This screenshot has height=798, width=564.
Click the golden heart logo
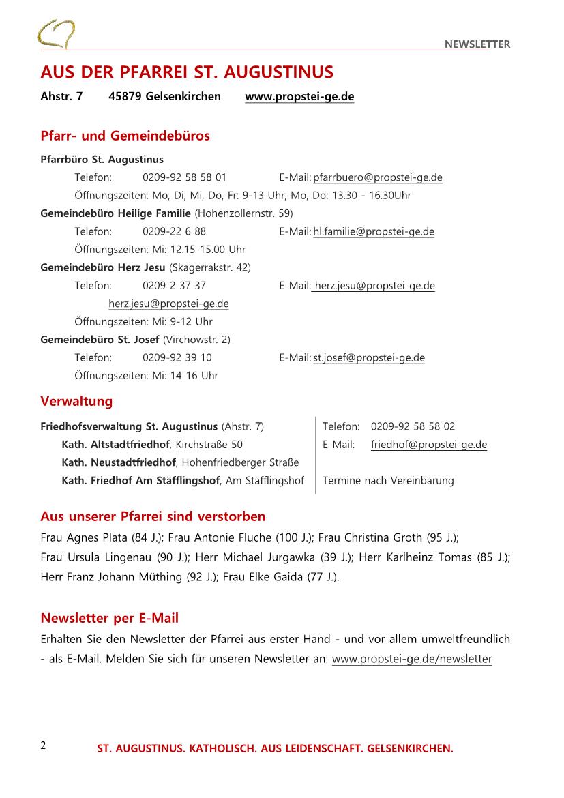click(x=56, y=34)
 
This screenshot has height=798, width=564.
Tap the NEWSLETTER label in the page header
click(x=477, y=44)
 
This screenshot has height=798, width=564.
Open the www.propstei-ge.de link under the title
click(x=299, y=96)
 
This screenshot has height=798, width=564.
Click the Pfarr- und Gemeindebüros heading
click(x=125, y=136)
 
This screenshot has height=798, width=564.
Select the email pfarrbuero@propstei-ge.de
click(x=378, y=178)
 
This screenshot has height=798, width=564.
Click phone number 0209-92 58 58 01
click(x=184, y=178)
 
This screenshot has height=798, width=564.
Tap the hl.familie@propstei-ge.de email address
click(x=374, y=232)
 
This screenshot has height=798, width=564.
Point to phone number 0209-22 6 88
click(x=174, y=232)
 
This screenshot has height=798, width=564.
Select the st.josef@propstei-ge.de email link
click(x=369, y=358)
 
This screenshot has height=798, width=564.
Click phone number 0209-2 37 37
click(x=174, y=286)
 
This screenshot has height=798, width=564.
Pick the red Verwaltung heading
click(x=76, y=401)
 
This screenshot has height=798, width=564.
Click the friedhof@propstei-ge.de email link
click(x=429, y=445)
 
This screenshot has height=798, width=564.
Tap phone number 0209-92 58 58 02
click(x=413, y=427)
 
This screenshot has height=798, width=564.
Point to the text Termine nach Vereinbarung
click(x=388, y=481)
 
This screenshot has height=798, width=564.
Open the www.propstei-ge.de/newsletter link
click(x=412, y=660)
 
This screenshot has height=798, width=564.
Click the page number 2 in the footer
click(x=44, y=745)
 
